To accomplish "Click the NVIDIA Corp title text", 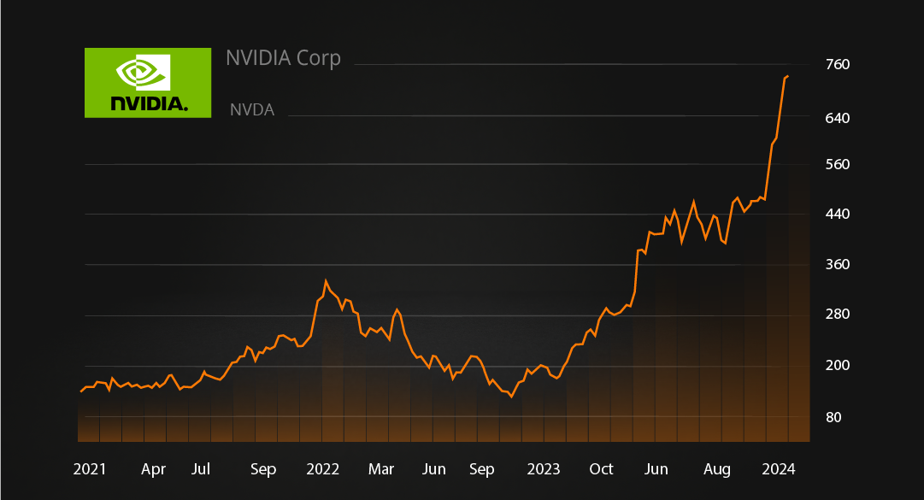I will (283, 58).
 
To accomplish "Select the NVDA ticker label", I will (252, 110).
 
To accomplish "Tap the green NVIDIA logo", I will (148, 82).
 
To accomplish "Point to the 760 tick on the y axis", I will (838, 65).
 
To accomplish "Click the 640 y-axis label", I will (838, 117).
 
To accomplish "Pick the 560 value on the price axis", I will (838, 164).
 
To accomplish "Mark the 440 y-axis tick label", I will (838, 214).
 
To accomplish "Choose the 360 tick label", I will (838, 265).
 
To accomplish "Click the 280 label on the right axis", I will (838, 315).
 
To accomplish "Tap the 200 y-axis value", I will (838, 366).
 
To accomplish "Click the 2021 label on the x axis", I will (90, 469).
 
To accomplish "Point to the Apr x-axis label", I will (153, 469).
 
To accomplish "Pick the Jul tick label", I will (201, 469).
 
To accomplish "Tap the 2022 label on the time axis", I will (323, 469).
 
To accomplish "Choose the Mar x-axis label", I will (380, 469).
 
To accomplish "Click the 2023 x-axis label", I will (544, 469).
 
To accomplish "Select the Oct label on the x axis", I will (602, 469).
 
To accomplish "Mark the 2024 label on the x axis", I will (779, 469).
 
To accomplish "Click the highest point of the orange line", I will (787, 77).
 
